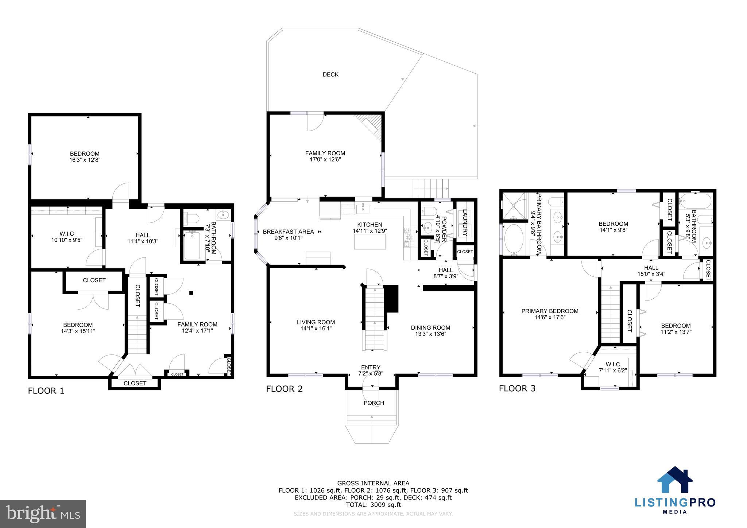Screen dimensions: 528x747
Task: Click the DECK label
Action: [330, 74]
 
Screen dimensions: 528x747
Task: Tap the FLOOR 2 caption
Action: [284, 389]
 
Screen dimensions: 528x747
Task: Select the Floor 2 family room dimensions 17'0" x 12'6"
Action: [325, 159]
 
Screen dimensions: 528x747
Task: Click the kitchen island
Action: [370, 241]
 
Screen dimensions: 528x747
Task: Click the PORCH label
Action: [373, 403]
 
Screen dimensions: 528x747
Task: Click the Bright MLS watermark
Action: [43, 514]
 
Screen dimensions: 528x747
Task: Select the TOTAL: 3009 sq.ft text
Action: [373, 505]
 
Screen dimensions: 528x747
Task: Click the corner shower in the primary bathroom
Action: [514, 206]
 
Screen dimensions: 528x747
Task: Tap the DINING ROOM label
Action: [430, 327]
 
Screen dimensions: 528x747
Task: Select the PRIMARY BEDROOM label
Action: [550, 311]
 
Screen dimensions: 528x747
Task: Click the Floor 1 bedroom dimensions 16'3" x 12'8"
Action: [85, 160]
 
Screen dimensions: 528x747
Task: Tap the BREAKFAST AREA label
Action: [288, 232]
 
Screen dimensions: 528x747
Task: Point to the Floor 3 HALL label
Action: [651, 268]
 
